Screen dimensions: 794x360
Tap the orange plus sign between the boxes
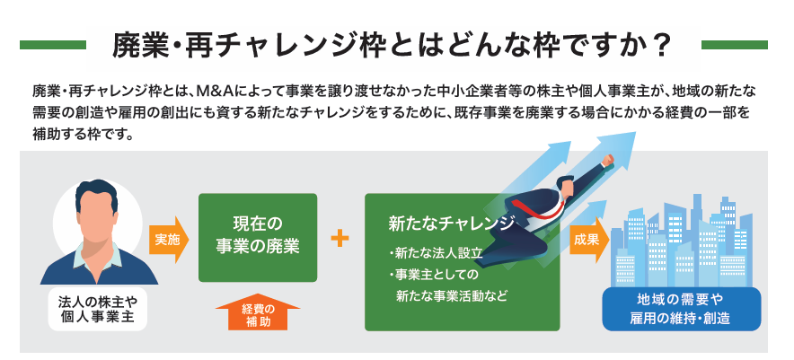[340, 239]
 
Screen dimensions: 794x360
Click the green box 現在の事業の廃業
[258, 238]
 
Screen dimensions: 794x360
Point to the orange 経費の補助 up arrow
[258, 313]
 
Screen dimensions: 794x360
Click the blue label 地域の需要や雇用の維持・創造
[681, 309]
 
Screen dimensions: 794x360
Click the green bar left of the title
[53, 45]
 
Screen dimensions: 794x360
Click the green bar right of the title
[734, 45]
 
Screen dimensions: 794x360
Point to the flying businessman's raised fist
[607, 160]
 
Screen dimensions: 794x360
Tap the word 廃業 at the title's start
[133, 46]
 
